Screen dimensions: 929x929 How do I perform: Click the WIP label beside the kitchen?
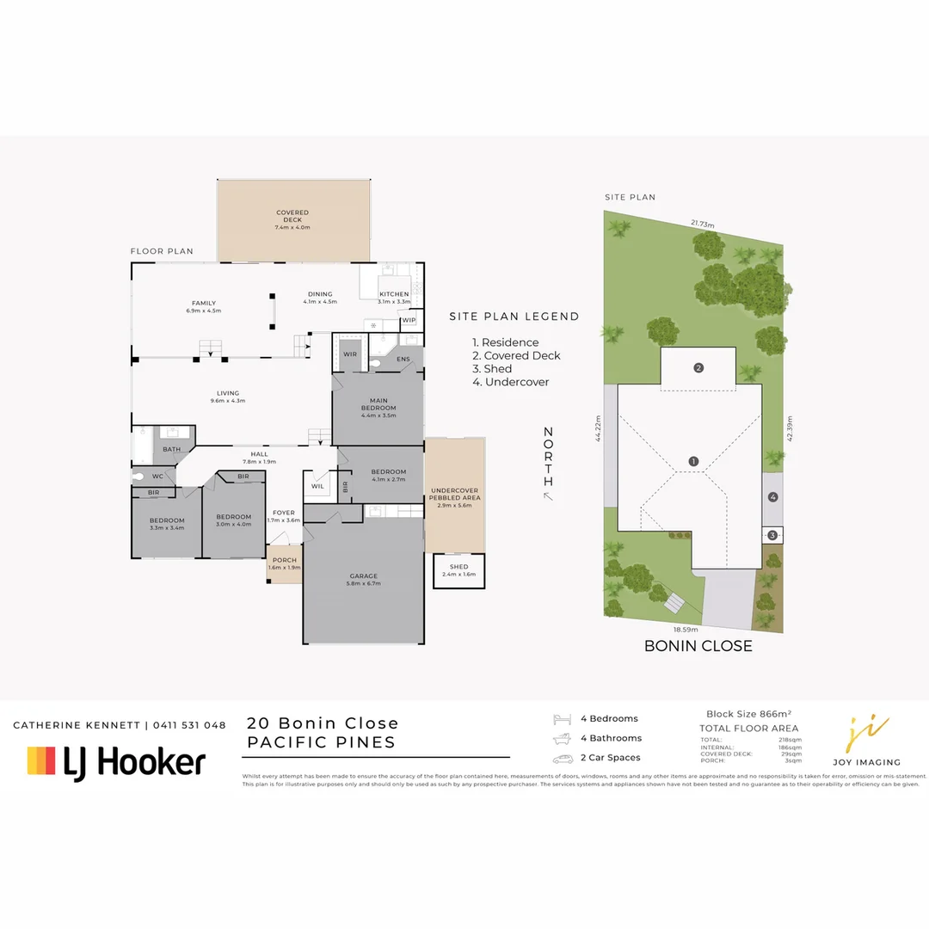coord(409,320)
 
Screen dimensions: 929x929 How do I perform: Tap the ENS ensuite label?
coord(403,359)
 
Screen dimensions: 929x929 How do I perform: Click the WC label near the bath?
coord(157,476)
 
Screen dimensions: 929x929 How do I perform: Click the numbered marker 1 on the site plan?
coord(693,461)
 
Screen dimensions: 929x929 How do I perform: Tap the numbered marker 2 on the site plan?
coord(698,368)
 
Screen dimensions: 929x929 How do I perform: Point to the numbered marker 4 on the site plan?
coord(772,496)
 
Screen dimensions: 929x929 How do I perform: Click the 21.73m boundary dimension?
coord(702,223)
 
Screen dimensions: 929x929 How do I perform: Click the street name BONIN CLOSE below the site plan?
coord(698,646)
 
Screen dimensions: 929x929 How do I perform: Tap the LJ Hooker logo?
coord(116,761)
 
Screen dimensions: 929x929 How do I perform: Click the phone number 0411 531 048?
coord(190,725)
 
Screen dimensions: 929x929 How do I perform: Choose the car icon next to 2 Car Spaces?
coord(563,759)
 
